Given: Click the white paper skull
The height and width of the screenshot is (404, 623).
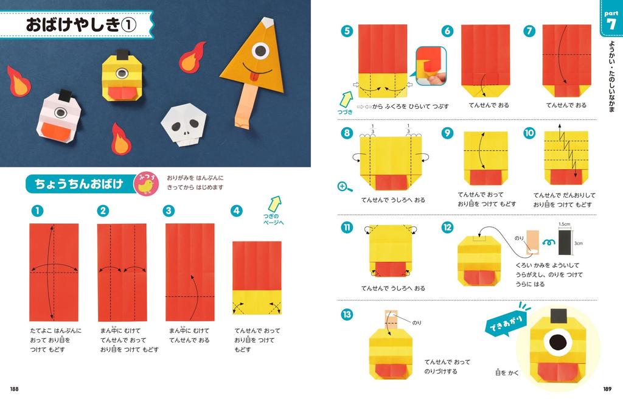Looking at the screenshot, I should pyautogui.click(x=182, y=125).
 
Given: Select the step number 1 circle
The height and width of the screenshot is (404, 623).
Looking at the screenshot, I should pyautogui.click(x=37, y=211).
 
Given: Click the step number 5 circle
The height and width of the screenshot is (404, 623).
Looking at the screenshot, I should pyautogui.click(x=347, y=31).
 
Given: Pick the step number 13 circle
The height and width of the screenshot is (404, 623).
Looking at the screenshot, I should pyautogui.click(x=347, y=315).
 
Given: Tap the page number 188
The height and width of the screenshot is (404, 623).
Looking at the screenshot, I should pyautogui.click(x=14, y=389).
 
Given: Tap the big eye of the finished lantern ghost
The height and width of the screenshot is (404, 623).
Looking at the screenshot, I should pyautogui.click(x=556, y=343).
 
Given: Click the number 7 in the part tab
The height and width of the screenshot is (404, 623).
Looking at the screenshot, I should pyautogui.click(x=610, y=24).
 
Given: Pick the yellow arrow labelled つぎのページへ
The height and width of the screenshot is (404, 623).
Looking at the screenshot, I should pyautogui.click(x=275, y=204).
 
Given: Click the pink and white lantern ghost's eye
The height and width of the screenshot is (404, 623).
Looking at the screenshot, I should pyautogui.click(x=60, y=112).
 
